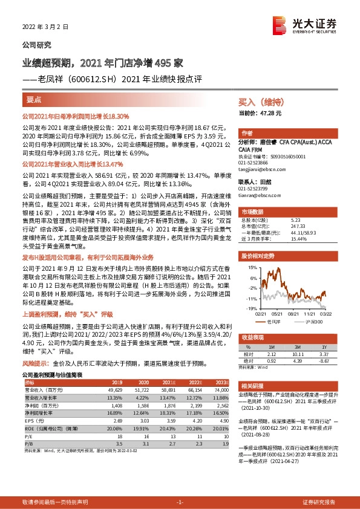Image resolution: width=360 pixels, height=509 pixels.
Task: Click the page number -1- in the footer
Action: (180, 502)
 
